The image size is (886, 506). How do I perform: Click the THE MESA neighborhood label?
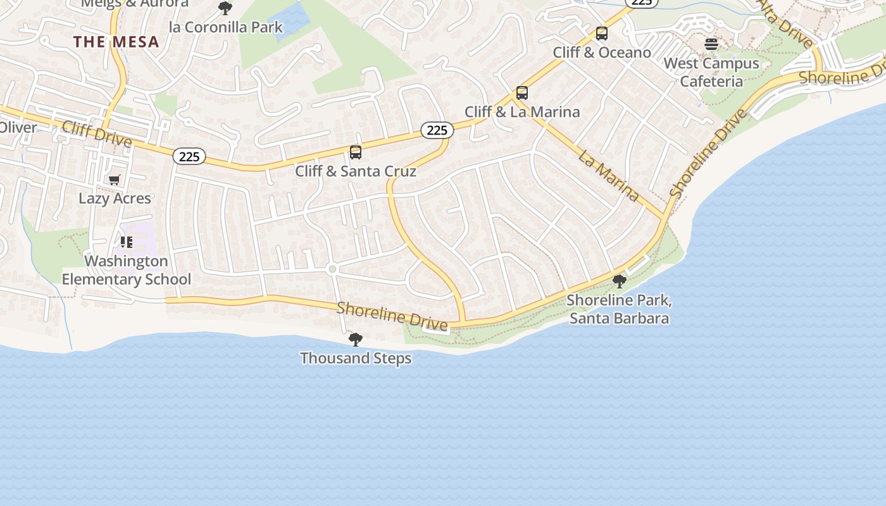pyautogui.click(x=116, y=42)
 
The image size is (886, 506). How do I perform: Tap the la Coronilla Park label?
pyautogui.click(x=226, y=27)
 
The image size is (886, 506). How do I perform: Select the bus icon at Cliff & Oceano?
pyautogui.click(x=601, y=34)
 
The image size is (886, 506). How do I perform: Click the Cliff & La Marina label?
pyautogui.click(x=522, y=112)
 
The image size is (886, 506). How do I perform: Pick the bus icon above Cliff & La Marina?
pyautogui.click(x=521, y=93)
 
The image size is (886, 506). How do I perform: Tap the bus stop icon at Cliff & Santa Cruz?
pyautogui.click(x=356, y=152)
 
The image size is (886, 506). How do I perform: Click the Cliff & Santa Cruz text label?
pyautogui.click(x=356, y=171)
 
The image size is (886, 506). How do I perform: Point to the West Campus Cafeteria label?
pyautogui.click(x=711, y=72)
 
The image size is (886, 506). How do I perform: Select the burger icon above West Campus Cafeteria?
pyautogui.click(x=711, y=44)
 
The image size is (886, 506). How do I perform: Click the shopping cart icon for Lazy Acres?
pyautogui.click(x=114, y=180)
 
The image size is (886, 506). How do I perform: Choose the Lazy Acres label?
pyautogui.click(x=115, y=199)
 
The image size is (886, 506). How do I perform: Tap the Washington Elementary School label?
pyautogui.click(x=126, y=270)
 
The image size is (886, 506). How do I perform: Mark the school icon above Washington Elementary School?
pyautogui.click(x=126, y=242)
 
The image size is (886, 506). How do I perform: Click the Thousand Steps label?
pyautogui.click(x=356, y=358)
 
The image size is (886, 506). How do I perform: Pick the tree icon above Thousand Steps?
pyautogui.click(x=356, y=340)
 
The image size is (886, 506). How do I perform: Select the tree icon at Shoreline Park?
pyautogui.click(x=619, y=281)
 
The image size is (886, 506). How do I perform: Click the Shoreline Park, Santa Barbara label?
pyautogui.click(x=619, y=309)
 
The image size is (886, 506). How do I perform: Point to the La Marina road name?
pyautogui.click(x=608, y=175)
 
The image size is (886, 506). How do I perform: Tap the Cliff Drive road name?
pyautogui.click(x=97, y=133)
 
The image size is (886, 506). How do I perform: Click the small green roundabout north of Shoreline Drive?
pyautogui.click(x=332, y=269)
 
